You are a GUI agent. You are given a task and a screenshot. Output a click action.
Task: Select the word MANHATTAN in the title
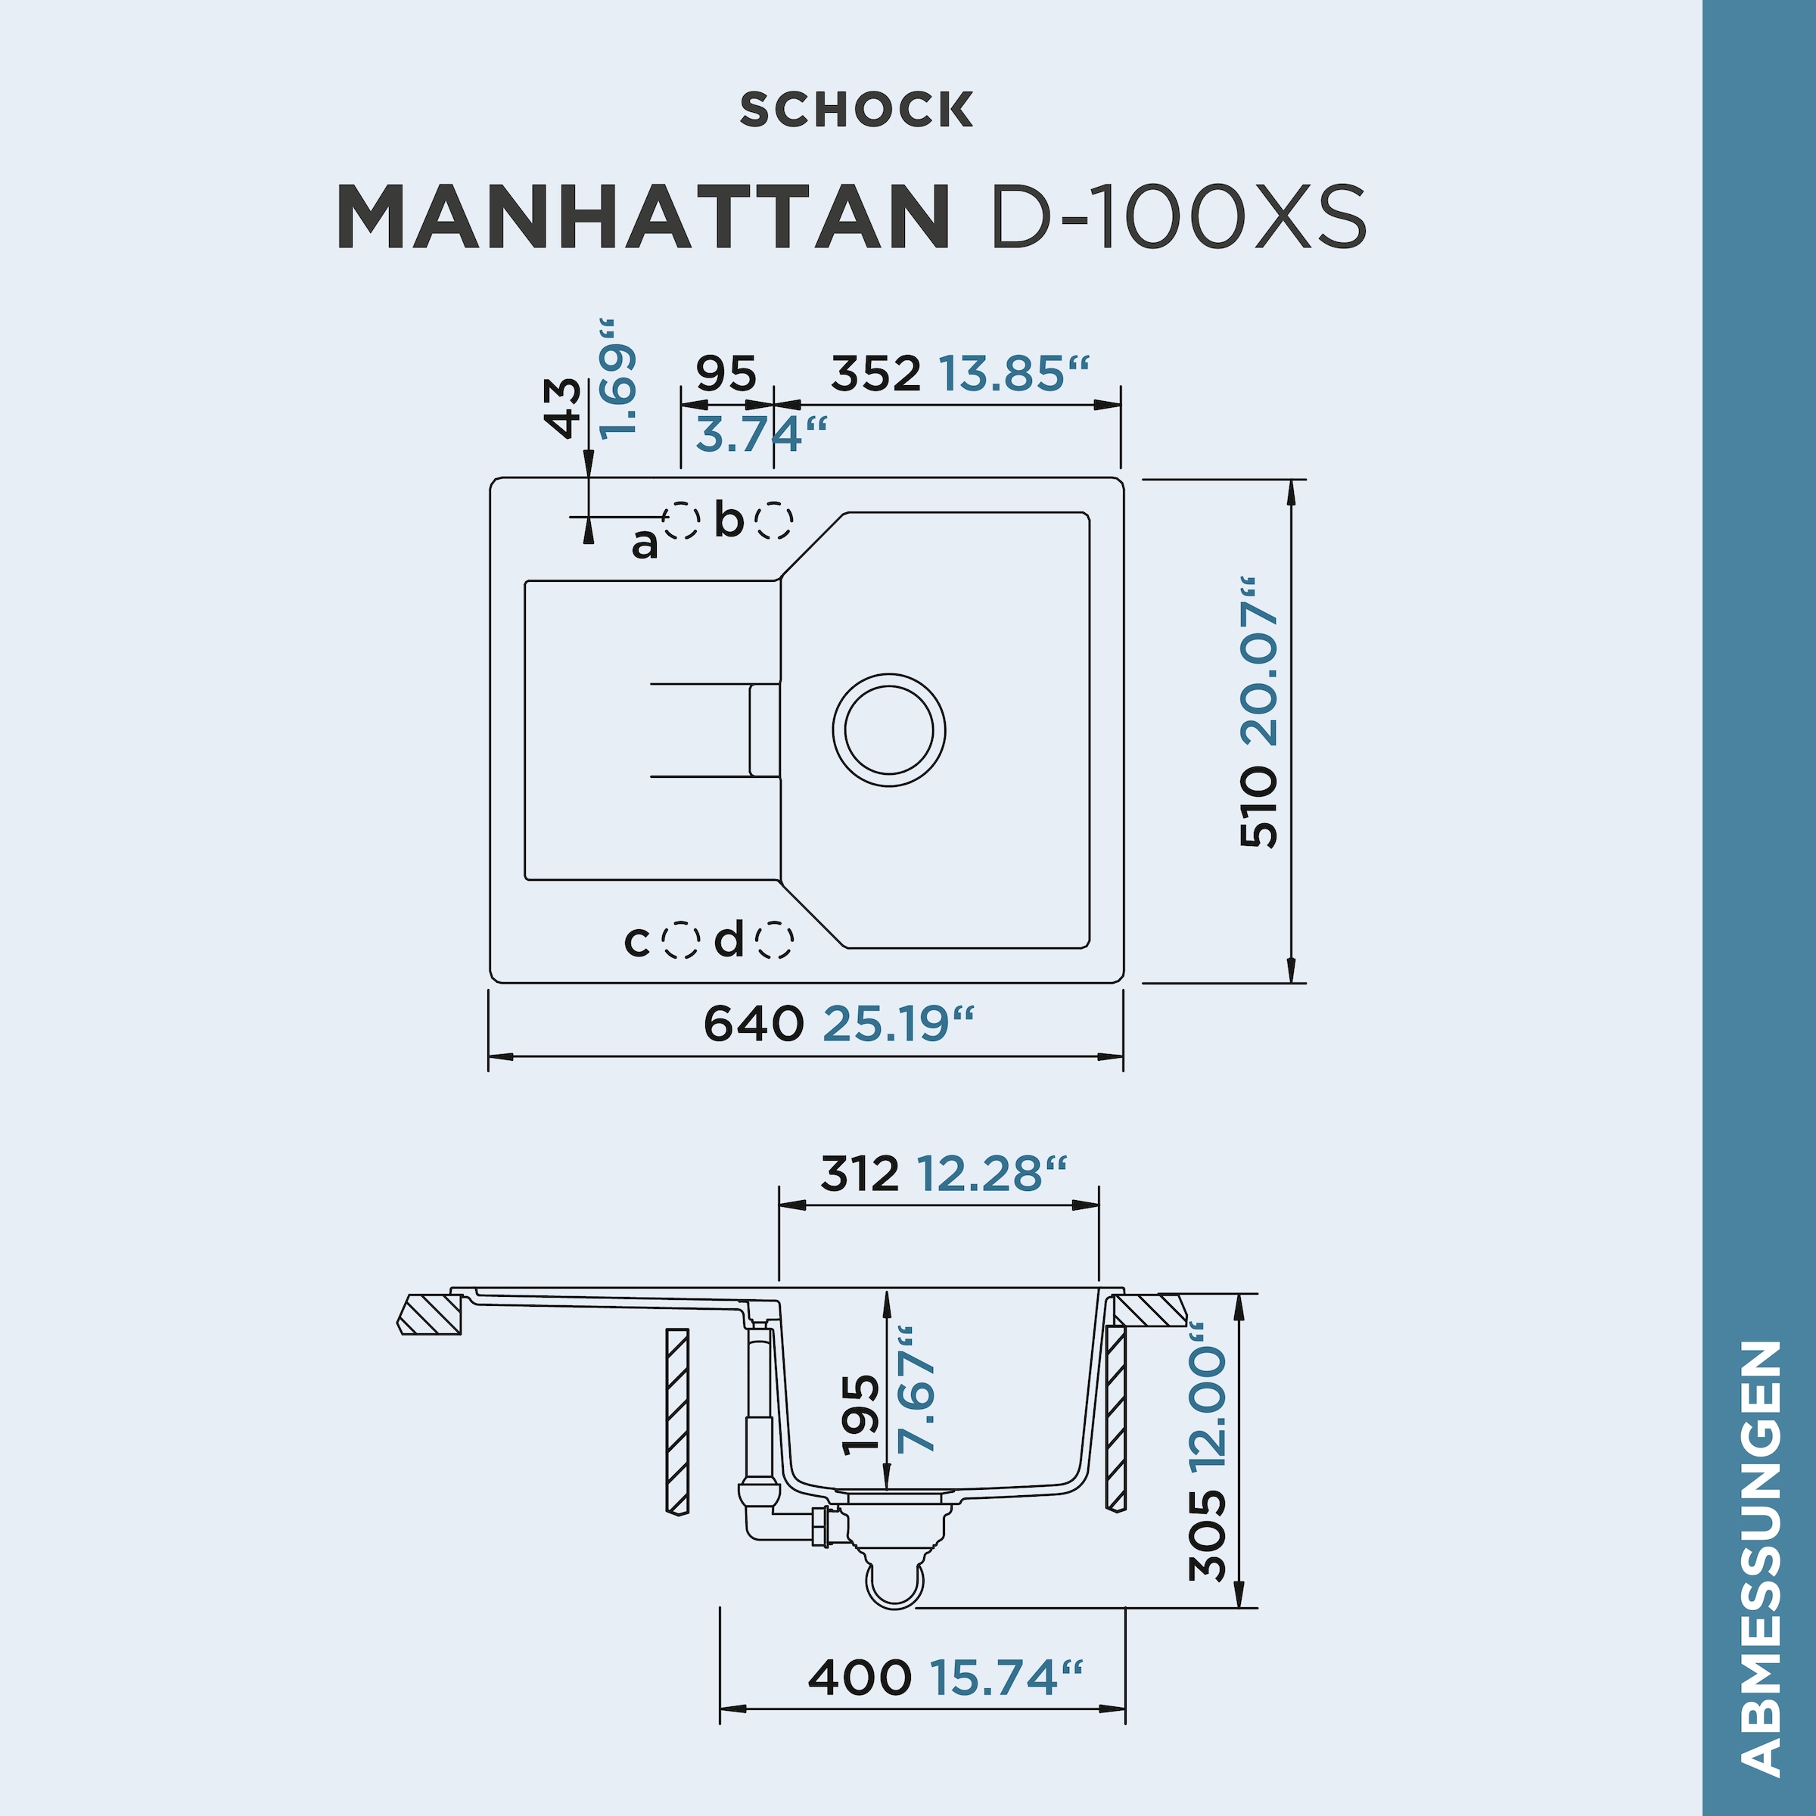coord(643,216)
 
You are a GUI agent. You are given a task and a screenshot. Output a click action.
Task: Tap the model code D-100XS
coord(1179,216)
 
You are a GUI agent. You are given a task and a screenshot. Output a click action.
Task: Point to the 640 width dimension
coord(753,1023)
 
